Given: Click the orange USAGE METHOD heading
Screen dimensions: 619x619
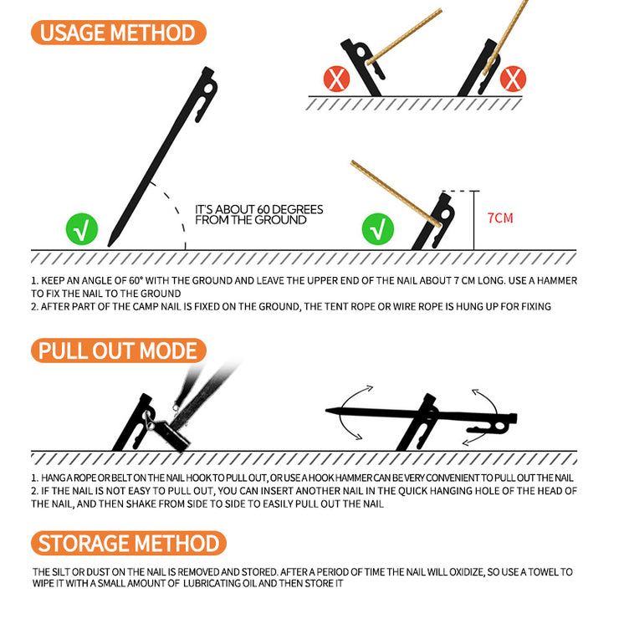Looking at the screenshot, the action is [x=119, y=33].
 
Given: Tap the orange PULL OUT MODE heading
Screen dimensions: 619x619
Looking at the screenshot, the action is [x=119, y=350].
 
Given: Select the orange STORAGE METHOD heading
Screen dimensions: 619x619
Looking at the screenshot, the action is [x=129, y=543].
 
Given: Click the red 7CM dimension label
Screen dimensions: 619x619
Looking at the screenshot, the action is [x=500, y=218].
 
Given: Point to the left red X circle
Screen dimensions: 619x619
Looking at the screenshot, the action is [x=336, y=79].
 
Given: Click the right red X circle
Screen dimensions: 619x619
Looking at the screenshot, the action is [x=513, y=79].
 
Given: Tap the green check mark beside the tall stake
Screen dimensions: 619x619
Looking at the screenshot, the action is [x=82, y=229].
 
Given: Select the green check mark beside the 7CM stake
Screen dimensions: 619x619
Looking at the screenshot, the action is [x=378, y=229].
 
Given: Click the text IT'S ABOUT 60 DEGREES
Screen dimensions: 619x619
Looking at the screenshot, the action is [x=259, y=209].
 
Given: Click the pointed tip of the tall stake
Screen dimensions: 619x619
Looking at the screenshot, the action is [x=110, y=246].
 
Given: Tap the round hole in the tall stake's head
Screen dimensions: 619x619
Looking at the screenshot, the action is [x=208, y=88].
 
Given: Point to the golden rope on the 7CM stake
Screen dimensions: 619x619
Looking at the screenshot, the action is [x=396, y=193].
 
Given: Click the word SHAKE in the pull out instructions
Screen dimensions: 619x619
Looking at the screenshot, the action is [x=141, y=504].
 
